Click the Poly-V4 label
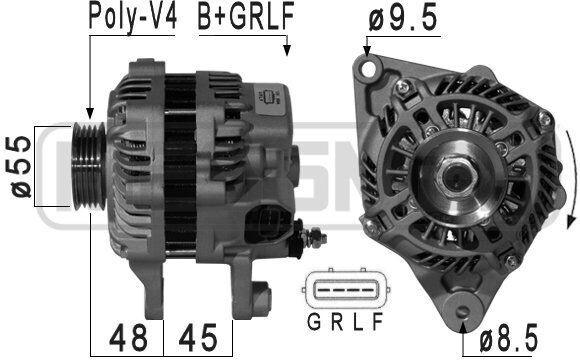(x=133, y=17)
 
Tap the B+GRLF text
(x=246, y=16)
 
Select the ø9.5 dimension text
(x=403, y=18)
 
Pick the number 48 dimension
(x=128, y=338)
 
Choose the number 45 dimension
(x=198, y=338)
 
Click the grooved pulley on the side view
(x=89, y=166)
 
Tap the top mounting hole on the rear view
(x=368, y=68)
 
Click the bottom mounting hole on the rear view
(x=462, y=310)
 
